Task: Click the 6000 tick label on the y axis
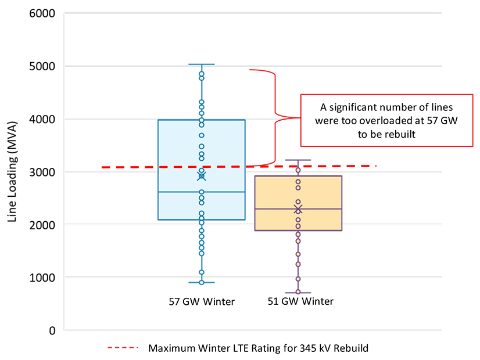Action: tap(42, 13)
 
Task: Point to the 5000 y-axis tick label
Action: tap(42, 66)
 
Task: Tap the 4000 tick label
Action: tap(42, 119)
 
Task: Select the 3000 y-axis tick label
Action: tap(42, 172)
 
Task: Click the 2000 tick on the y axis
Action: tap(42, 225)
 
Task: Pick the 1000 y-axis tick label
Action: tap(42, 278)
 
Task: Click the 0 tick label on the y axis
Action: tap(51, 330)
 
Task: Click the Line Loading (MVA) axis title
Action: tap(12, 172)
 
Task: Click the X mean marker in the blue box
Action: tap(202, 176)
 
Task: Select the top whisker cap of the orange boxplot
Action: tap(298, 160)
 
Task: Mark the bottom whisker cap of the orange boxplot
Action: tap(298, 293)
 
